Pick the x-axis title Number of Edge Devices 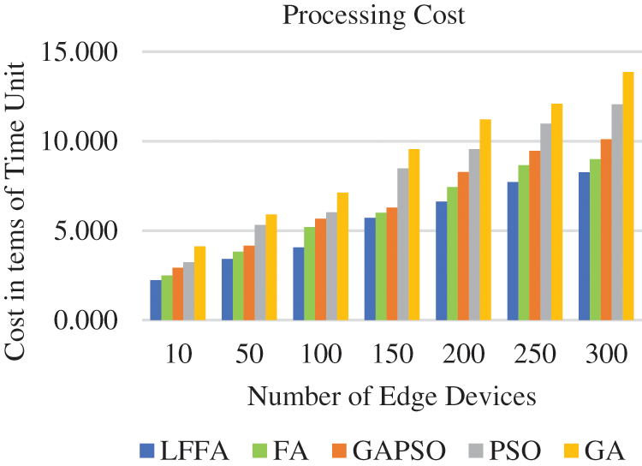coord(393,396)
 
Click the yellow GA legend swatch coord(568,450)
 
